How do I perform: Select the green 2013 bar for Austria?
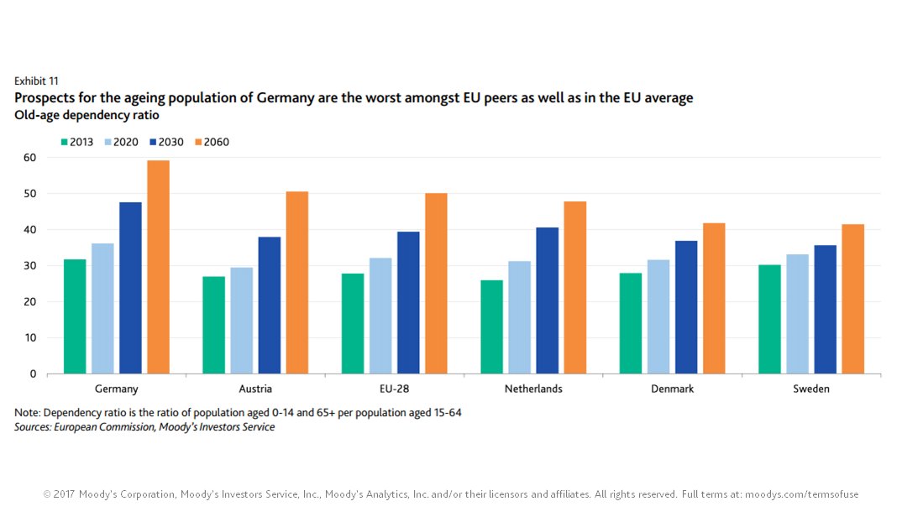(x=213, y=325)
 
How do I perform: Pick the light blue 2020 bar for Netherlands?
(x=519, y=317)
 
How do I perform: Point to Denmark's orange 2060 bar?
(x=714, y=298)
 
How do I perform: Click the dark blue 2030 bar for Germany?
(x=130, y=288)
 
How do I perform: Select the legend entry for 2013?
(x=76, y=142)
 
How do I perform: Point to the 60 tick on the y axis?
(x=29, y=158)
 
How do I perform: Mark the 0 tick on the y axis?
(x=33, y=374)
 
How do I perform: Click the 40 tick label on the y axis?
(x=29, y=230)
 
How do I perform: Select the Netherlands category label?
(x=533, y=389)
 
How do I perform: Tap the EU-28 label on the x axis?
(x=394, y=389)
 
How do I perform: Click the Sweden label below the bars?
(x=811, y=389)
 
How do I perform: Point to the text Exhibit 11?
(x=36, y=81)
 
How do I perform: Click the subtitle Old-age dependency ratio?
(x=87, y=115)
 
